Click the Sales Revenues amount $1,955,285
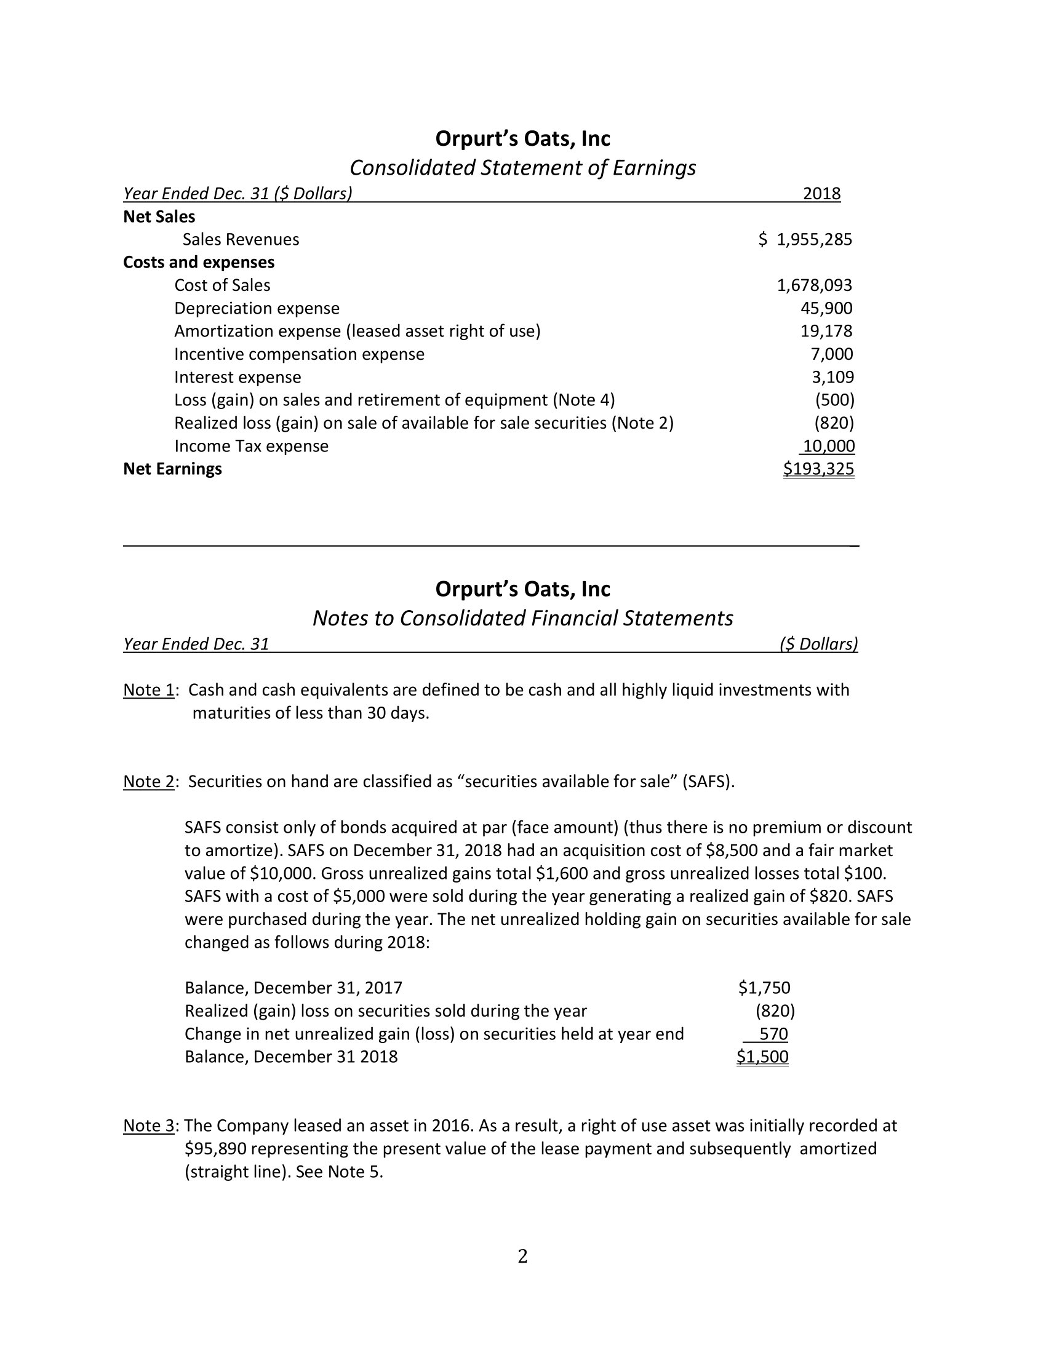pos(805,239)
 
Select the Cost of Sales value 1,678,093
pos(814,285)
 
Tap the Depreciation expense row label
pos(257,308)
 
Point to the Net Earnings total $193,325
pos(818,469)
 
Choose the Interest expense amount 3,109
pos(832,376)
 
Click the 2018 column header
pos(821,194)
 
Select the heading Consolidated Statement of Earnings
pos(522,168)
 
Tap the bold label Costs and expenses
pos(198,262)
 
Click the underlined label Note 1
pos(149,689)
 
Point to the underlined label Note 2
pos(149,781)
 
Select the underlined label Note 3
pos(149,1125)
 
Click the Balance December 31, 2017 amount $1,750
pos(764,988)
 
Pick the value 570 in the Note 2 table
pos(773,1033)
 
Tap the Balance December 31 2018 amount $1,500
pos(762,1056)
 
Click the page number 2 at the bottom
pos(522,1256)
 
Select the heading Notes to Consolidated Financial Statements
pos(522,618)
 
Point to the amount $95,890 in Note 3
pos(215,1149)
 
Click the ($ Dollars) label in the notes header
pos(818,645)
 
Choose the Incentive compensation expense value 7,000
pos(832,354)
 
